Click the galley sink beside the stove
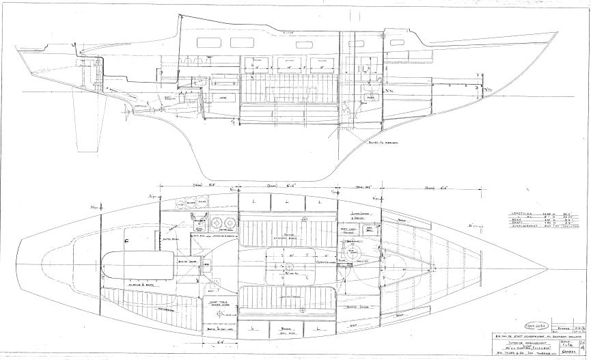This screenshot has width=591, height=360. (200, 226)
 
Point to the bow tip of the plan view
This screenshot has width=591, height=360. (546, 265)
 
